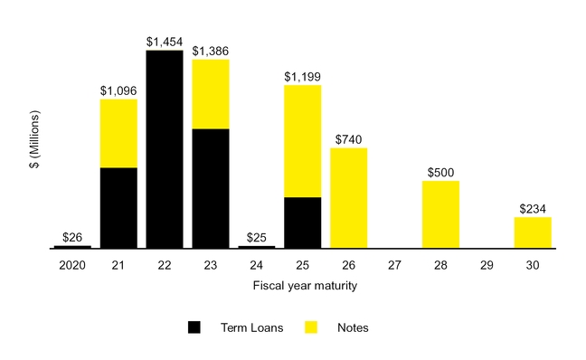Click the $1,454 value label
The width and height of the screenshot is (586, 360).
coord(165,43)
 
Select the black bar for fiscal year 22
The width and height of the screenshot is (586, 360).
coord(165,149)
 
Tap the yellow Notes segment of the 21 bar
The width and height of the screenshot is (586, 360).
coord(118,134)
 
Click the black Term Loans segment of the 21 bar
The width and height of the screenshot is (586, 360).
coord(118,208)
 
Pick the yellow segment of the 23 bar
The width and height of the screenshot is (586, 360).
coord(211,94)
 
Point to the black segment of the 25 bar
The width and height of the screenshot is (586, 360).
coord(303,223)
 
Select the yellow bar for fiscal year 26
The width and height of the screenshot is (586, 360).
coord(349,198)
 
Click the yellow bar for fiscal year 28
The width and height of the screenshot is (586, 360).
coord(441,214)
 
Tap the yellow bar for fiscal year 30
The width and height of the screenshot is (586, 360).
coord(533,232)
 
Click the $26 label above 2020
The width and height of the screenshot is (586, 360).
coord(72,238)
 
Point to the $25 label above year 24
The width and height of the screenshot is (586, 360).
coord(257,238)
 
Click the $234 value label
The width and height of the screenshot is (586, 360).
coord(533,209)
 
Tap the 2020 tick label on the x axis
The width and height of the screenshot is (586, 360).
coord(72,267)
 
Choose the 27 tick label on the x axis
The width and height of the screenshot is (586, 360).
coord(395,267)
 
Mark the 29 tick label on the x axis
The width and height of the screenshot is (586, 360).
coord(487,267)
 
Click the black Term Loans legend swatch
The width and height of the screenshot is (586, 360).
coord(194,327)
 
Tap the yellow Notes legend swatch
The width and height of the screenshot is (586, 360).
coord(311,327)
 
